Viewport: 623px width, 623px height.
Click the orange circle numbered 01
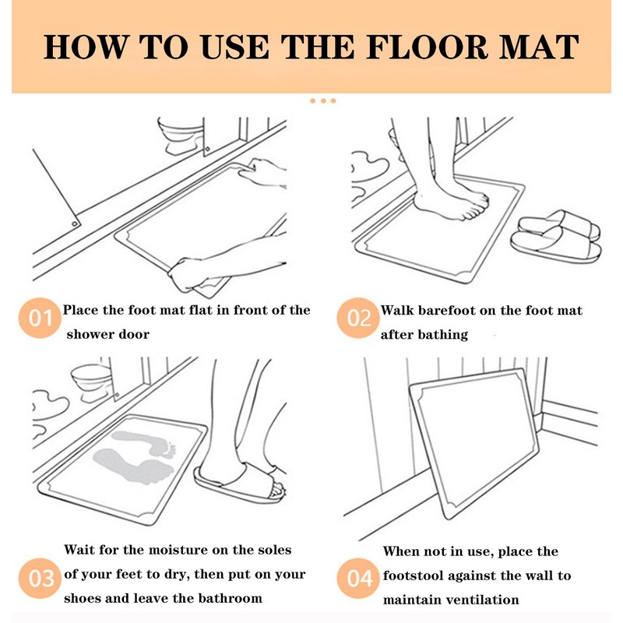click(x=40, y=318)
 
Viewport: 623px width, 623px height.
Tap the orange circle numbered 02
click(x=358, y=318)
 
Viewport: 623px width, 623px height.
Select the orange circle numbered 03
click(x=40, y=578)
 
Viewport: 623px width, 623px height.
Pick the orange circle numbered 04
click(x=358, y=578)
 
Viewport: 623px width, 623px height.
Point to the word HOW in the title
click(x=86, y=47)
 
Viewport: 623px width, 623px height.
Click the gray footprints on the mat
click(x=135, y=457)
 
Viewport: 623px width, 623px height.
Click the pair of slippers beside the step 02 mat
click(x=555, y=237)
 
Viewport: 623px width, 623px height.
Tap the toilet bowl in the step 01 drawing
click(x=181, y=135)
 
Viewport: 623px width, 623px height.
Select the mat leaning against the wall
click(x=473, y=443)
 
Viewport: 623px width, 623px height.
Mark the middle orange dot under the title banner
click(x=323, y=101)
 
